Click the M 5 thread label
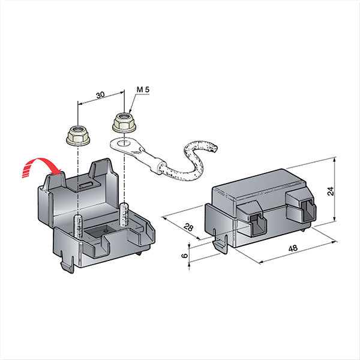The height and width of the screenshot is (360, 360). pos(143,90)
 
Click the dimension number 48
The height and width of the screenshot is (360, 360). pos(292,248)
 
